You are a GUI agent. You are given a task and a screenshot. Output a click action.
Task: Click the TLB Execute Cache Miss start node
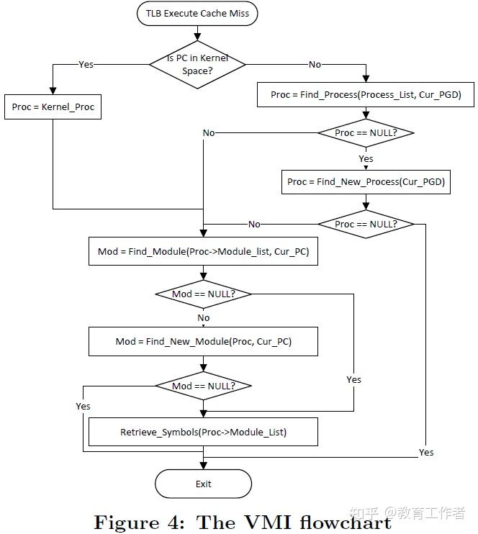pos(197,13)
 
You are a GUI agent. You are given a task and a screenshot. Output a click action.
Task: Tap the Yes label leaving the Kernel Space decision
pos(86,64)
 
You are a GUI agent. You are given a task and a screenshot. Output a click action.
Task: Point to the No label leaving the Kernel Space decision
pos(315,64)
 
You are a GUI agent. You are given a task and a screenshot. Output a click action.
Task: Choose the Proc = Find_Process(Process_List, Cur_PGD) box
pos(366,94)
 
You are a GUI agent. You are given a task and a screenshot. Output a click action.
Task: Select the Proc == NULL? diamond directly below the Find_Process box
pos(366,132)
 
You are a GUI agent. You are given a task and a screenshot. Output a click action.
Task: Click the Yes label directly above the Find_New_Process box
pos(366,158)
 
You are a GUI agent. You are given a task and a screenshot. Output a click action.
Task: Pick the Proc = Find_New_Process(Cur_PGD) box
pos(366,181)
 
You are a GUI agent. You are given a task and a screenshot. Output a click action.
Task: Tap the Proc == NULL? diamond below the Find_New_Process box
pos(366,224)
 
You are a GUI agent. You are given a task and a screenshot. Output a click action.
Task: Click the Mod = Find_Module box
pos(203,252)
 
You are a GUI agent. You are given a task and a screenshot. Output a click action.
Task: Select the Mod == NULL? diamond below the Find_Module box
pos(204,294)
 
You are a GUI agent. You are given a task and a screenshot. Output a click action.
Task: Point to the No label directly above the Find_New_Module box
pos(204,317)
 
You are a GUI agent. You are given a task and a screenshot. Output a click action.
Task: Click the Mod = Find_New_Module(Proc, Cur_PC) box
pos(204,341)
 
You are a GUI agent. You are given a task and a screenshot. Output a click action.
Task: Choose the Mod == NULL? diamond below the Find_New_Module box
pos(204,386)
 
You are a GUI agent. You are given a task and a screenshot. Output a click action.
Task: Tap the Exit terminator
pos(204,484)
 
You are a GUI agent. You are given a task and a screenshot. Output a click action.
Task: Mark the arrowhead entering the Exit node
pos(204,466)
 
